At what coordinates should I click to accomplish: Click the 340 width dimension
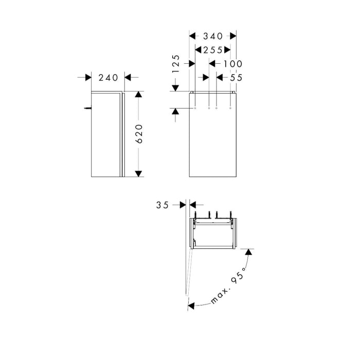(213, 36)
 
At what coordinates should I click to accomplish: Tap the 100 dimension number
(233, 64)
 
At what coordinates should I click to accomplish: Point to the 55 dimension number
(236, 77)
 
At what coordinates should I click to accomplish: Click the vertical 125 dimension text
(175, 64)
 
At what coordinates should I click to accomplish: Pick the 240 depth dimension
(108, 77)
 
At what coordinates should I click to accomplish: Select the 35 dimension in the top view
(163, 205)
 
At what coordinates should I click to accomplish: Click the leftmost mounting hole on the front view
(195, 109)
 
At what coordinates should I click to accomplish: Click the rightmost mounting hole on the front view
(230, 109)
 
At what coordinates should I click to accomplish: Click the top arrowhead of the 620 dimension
(138, 95)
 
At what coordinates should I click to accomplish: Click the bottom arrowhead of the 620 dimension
(138, 173)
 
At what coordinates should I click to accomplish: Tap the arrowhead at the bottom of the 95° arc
(191, 305)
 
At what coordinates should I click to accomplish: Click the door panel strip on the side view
(122, 134)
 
